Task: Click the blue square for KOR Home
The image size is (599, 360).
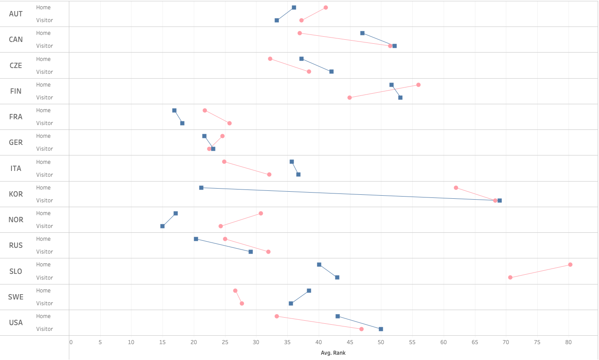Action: (201, 188)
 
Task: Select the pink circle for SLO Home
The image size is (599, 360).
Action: (570, 265)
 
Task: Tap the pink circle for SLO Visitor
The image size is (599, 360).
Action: (510, 277)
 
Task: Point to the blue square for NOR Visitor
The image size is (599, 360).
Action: (162, 226)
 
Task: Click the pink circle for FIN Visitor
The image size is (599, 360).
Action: (350, 98)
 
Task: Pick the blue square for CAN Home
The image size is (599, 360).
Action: (362, 33)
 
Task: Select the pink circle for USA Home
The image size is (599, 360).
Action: (277, 316)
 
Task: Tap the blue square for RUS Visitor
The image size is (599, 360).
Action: (251, 252)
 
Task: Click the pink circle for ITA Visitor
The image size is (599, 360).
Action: (269, 174)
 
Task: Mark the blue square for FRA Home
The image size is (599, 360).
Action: (174, 110)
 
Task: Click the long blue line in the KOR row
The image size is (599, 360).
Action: (349, 194)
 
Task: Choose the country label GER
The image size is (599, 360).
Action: (16, 143)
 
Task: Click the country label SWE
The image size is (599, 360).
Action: (16, 297)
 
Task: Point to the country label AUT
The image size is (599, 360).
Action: (16, 14)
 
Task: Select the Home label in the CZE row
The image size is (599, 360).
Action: (43, 59)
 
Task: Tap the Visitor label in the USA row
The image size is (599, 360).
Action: (45, 329)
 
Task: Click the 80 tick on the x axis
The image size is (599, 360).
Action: (569, 342)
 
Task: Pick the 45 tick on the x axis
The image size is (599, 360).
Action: (350, 342)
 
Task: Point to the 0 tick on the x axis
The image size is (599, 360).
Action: (71, 342)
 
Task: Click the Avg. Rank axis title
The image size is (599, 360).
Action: (333, 353)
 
